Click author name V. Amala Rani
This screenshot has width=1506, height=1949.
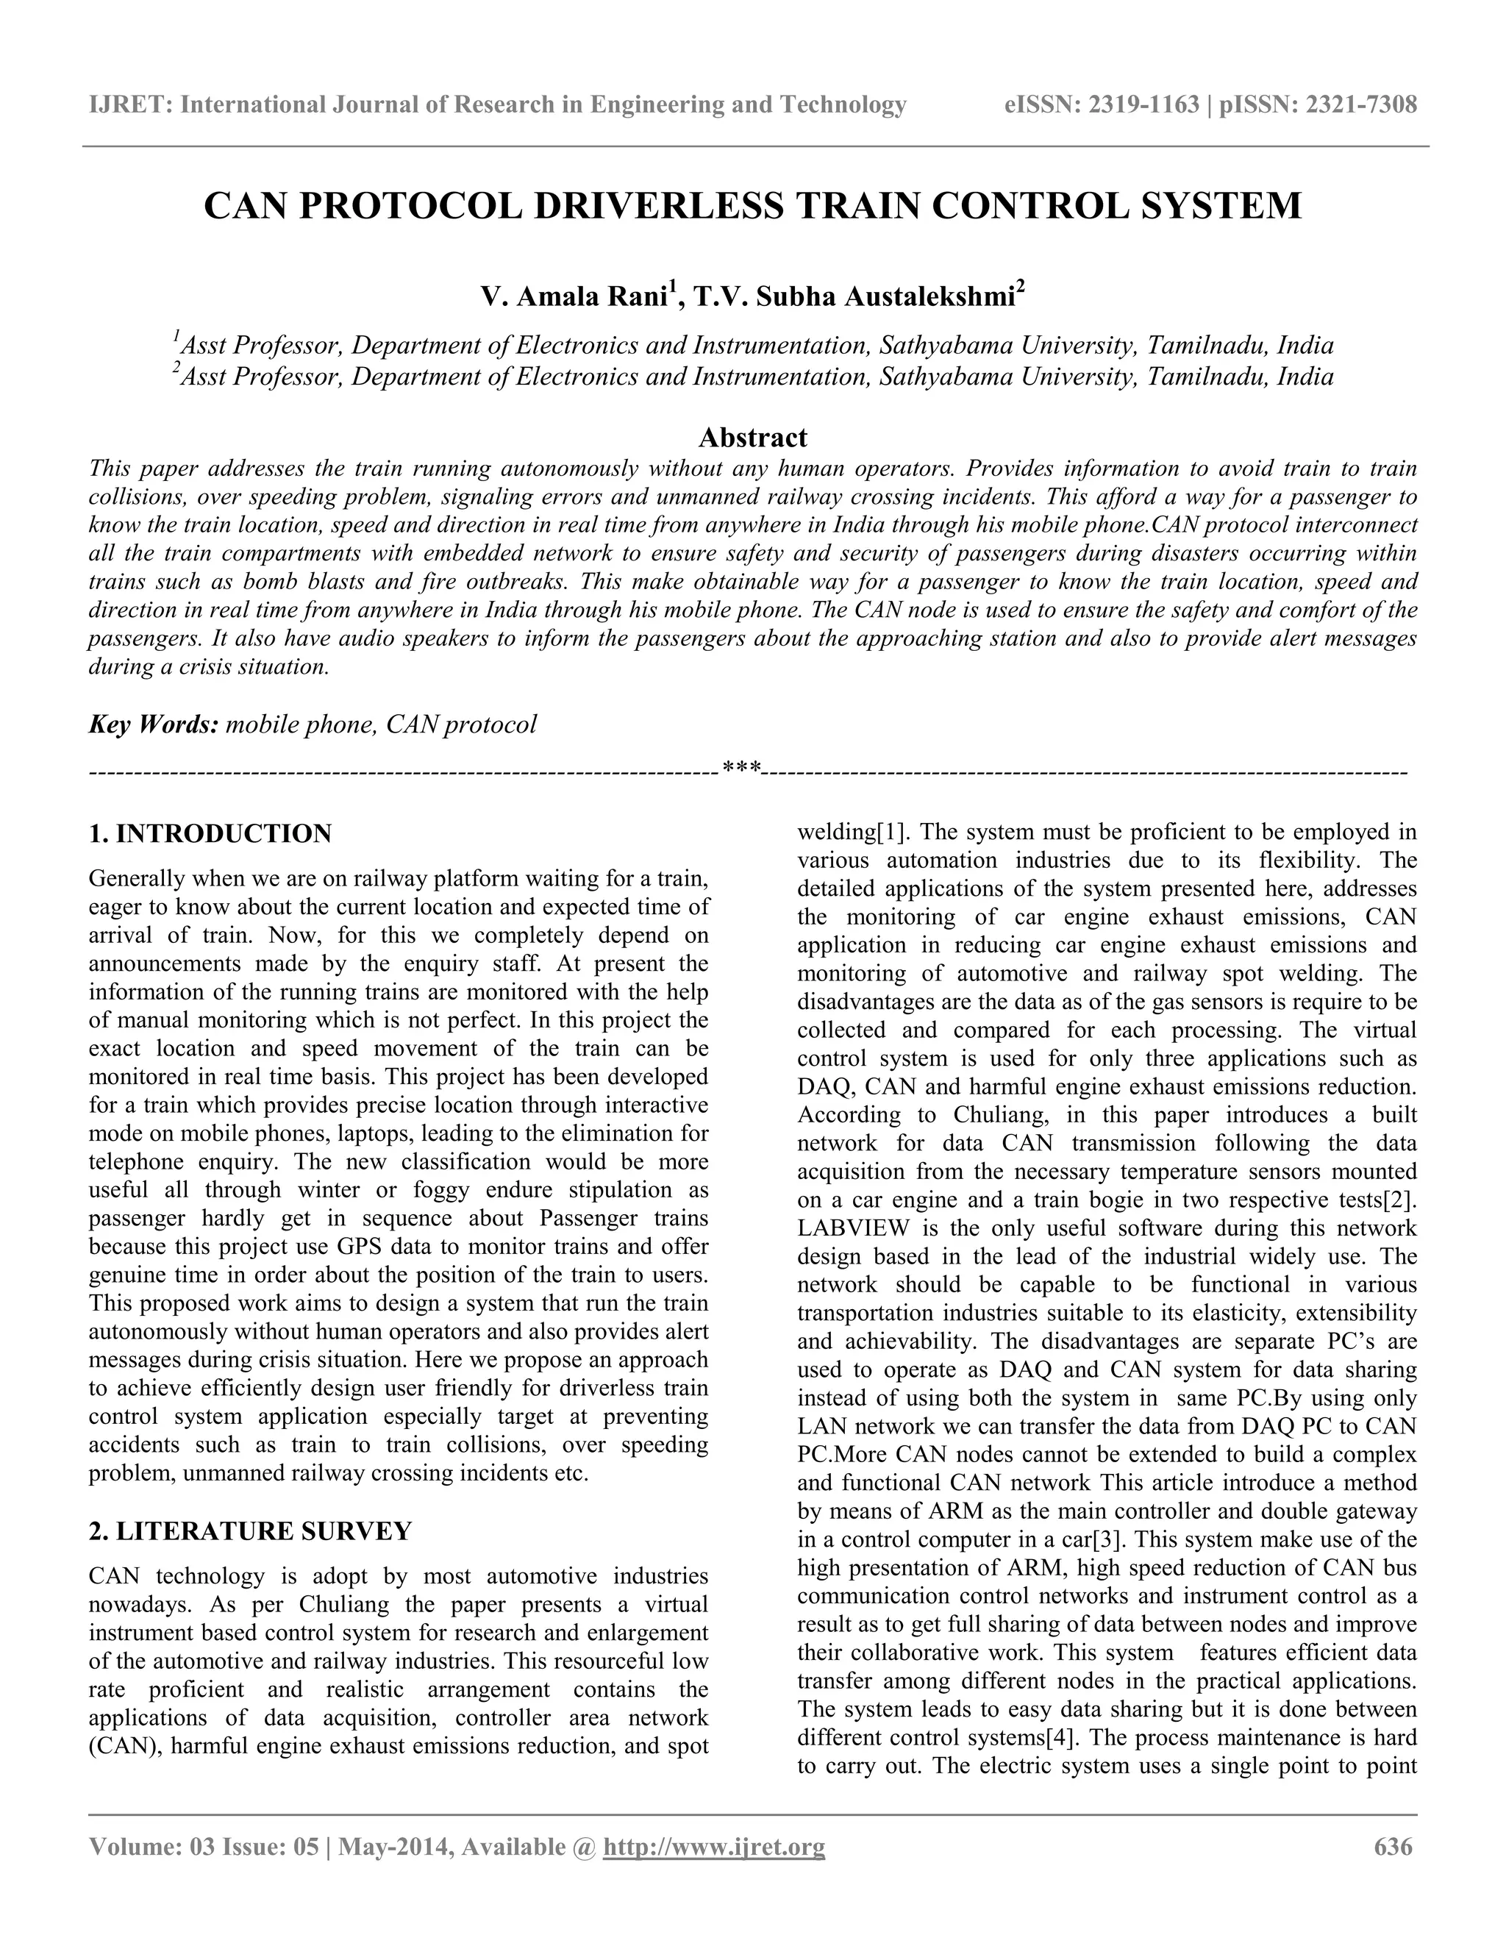coord(574,297)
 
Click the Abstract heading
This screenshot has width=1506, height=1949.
coord(752,438)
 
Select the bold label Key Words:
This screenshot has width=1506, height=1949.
coord(154,724)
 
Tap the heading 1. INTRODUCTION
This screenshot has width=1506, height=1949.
coord(210,833)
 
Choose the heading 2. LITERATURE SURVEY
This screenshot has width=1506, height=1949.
coord(251,1531)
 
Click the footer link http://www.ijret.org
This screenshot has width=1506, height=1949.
coord(714,1846)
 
